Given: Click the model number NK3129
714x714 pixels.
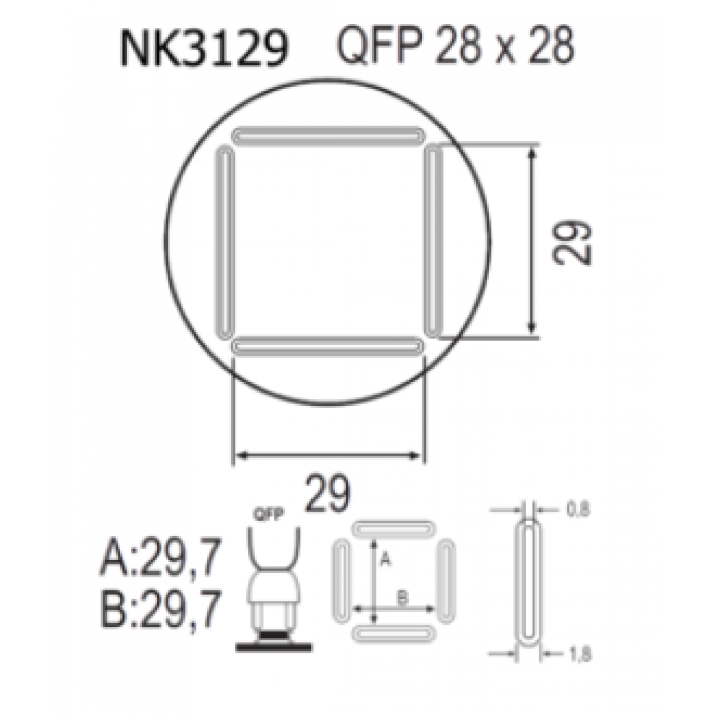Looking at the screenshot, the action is click(x=205, y=49).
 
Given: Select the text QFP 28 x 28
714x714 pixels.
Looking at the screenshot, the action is click(x=455, y=46).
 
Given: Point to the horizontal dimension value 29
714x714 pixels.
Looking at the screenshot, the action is click(x=327, y=493).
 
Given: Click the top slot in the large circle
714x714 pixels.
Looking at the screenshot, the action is click(x=327, y=136).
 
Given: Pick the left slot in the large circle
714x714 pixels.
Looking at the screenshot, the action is click(x=224, y=242).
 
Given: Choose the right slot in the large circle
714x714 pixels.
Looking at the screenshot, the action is click(x=433, y=241).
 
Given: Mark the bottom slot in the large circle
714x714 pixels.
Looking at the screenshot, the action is click(x=327, y=346).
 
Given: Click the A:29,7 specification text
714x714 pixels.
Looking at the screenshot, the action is click(x=161, y=556).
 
